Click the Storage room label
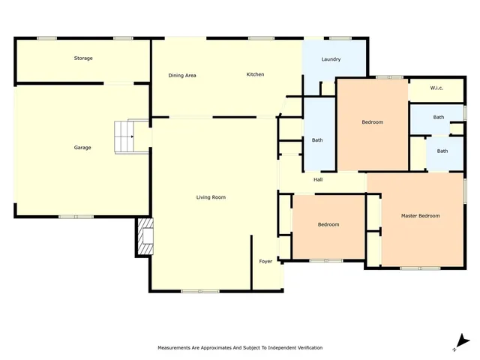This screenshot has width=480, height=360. coord(83,58)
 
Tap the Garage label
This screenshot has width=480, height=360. coord(82,148)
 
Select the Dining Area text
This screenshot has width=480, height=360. coord(182,75)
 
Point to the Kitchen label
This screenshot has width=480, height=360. coord(256,74)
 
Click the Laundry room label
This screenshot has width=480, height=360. coord(331,59)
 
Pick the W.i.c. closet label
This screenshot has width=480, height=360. coord(437,88)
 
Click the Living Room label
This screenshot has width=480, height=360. coord(211,197)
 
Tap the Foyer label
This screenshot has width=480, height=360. coord(265,261)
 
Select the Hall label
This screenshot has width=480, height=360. coord(318,179)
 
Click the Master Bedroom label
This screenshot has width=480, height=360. coord(420,216)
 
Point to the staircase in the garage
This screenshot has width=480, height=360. coord(122,136)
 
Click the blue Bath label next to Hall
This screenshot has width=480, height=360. coord(317,140)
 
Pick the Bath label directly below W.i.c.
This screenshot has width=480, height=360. coord(439,117)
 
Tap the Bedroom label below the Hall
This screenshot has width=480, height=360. coord(328,224)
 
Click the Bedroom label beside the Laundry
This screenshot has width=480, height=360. coord(373,122)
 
